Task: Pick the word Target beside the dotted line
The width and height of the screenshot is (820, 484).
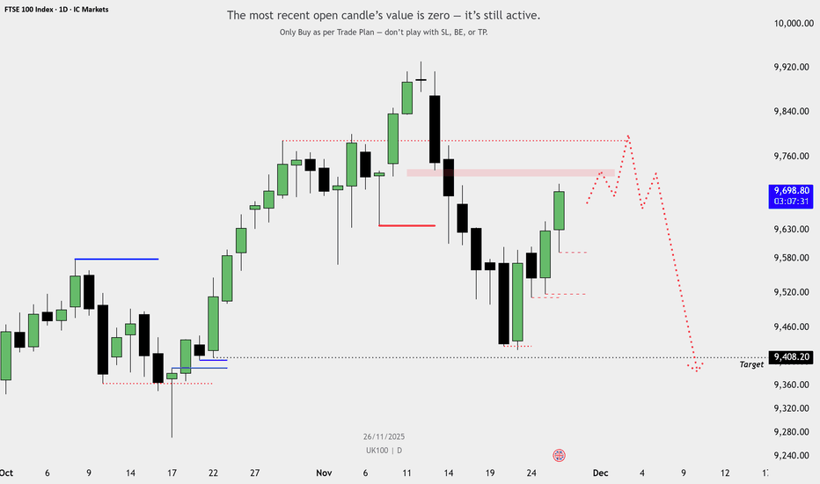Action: (x=751, y=364)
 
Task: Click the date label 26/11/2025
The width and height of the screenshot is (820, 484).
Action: (x=384, y=436)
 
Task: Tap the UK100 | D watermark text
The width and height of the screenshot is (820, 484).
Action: (x=384, y=451)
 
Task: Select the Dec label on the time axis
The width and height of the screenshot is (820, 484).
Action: (x=600, y=473)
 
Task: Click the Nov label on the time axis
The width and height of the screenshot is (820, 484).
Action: (x=325, y=473)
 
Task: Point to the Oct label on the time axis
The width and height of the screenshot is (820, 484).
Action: (x=7, y=473)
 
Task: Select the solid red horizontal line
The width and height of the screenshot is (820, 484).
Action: (x=406, y=225)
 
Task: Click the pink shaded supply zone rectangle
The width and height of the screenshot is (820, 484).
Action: (x=510, y=172)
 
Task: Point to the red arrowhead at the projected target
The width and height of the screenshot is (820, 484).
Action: (x=697, y=368)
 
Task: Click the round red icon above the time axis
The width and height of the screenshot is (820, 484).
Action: (x=559, y=455)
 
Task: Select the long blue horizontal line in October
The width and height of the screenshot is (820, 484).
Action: (x=116, y=259)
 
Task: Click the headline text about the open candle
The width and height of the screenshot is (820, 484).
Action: (x=384, y=16)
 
